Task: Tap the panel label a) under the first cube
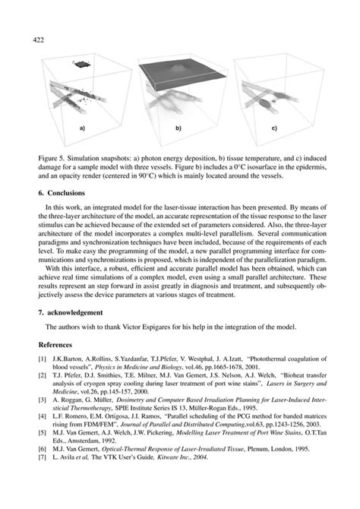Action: click(81, 129)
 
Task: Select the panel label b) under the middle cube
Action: click(178, 129)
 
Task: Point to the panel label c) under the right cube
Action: click(273, 129)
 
